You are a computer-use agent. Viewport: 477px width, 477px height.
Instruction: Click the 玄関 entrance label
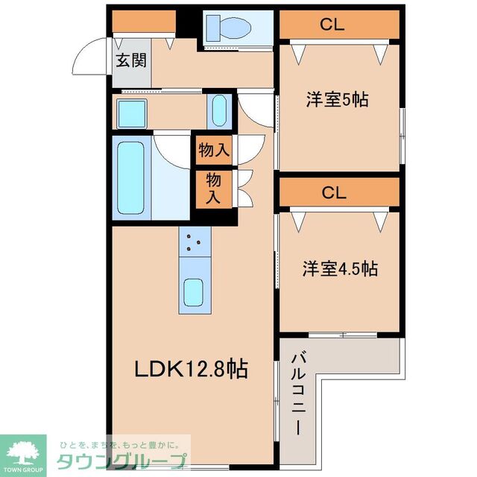coord(130,60)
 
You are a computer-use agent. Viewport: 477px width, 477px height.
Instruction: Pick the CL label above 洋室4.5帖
coord(334,193)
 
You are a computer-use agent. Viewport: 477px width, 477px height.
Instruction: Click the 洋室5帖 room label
coord(338,100)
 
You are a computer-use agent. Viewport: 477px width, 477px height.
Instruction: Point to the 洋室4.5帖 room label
coord(339,268)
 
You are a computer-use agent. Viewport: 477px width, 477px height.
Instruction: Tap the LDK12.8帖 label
coord(191,368)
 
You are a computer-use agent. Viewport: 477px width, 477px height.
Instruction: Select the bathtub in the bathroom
coord(131,175)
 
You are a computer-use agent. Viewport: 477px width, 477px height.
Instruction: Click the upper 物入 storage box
coord(214,151)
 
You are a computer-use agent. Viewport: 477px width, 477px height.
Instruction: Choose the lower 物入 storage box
coord(214,189)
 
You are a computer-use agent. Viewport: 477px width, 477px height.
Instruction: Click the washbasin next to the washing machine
coord(219,110)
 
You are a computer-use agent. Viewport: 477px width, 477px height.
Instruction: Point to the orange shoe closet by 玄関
coord(143,23)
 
